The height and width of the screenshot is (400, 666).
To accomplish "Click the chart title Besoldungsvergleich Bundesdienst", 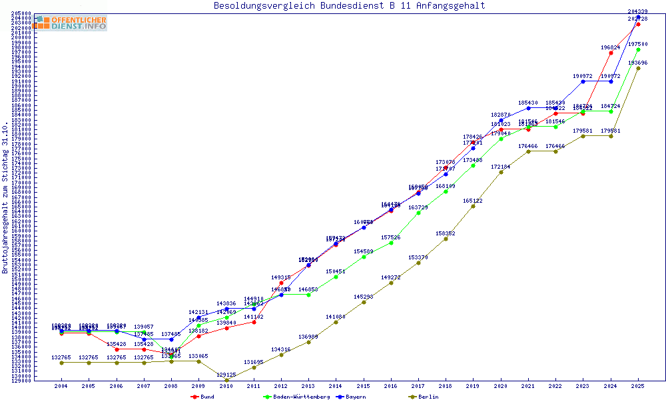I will tap(349, 6).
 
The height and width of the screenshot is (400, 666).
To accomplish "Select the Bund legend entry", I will tap(203, 397).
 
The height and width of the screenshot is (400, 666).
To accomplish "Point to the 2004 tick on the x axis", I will tap(61, 386).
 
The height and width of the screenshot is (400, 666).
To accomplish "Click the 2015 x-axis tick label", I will tap(364, 386).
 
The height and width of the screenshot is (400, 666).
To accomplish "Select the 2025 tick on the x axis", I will tap(638, 386).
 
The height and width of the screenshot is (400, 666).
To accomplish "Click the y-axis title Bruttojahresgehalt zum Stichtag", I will tap(5, 198).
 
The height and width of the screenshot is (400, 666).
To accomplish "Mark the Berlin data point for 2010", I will tap(226, 380).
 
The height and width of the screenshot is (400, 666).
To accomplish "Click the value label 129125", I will tap(226, 375).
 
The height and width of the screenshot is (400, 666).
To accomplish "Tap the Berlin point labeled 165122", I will tap(474, 206).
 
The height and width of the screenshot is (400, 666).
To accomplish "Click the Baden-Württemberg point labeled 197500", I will tap(638, 49).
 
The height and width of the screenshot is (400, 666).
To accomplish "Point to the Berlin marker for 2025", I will tap(638, 68).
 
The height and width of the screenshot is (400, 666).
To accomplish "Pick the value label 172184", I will tap(501, 167).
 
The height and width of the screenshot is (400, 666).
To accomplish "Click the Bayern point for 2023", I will tap(583, 81).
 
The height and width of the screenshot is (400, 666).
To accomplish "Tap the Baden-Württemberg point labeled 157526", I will tap(391, 243).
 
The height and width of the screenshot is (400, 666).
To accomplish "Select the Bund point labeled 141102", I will tap(254, 322).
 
